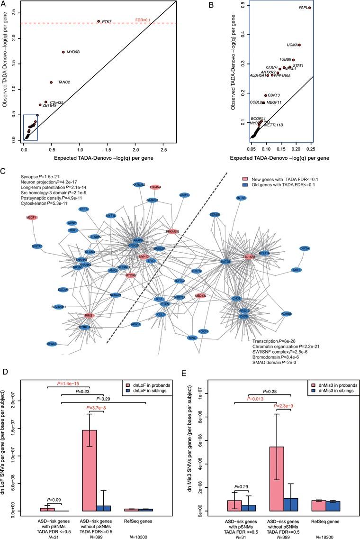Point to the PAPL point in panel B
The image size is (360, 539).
309,8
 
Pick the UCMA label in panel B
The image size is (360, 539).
292,45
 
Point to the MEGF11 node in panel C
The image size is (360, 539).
32,218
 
